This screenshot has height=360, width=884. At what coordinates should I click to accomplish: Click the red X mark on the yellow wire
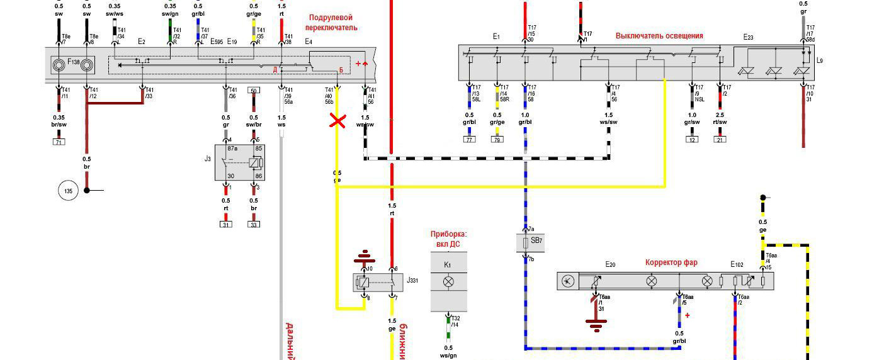click(338, 121)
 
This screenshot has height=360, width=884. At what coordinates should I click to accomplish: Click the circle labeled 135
click(68, 190)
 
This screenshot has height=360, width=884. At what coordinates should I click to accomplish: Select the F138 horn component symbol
click(72, 64)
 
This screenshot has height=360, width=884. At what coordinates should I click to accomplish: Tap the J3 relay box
click(240, 163)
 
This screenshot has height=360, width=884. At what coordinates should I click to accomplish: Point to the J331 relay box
click(378, 282)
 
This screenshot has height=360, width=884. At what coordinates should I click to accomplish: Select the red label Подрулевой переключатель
click(331, 23)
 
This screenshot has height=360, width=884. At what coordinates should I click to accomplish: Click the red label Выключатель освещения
click(659, 36)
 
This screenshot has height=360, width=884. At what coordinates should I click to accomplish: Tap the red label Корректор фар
click(671, 262)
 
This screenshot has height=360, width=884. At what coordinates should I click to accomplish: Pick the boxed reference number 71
click(59, 143)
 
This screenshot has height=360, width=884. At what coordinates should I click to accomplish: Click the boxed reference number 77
click(469, 139)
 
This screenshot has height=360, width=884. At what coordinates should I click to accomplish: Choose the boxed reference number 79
click(497, 139)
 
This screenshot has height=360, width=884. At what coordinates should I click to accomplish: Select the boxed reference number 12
click(693, 139)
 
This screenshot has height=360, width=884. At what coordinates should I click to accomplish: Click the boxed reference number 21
click(720, 139)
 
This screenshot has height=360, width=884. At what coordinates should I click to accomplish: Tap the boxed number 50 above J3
click(254, 91)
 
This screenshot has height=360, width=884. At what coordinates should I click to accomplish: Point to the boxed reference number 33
click(254, 224)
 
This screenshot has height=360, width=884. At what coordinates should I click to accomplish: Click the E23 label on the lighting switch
click(748, 38)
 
